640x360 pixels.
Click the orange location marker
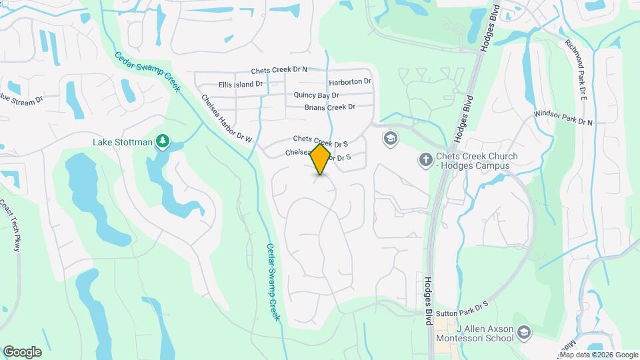(321, 159)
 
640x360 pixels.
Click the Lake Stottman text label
(123, 141)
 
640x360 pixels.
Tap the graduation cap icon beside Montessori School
(525, 332)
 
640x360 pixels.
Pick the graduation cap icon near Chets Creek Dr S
(390, 139)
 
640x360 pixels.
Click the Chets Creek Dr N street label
(279, 70)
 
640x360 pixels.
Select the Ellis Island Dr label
(241, 85)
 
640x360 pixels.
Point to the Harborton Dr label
(350, 82)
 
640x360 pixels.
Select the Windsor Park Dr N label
(563, 118)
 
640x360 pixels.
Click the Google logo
(22, 351)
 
